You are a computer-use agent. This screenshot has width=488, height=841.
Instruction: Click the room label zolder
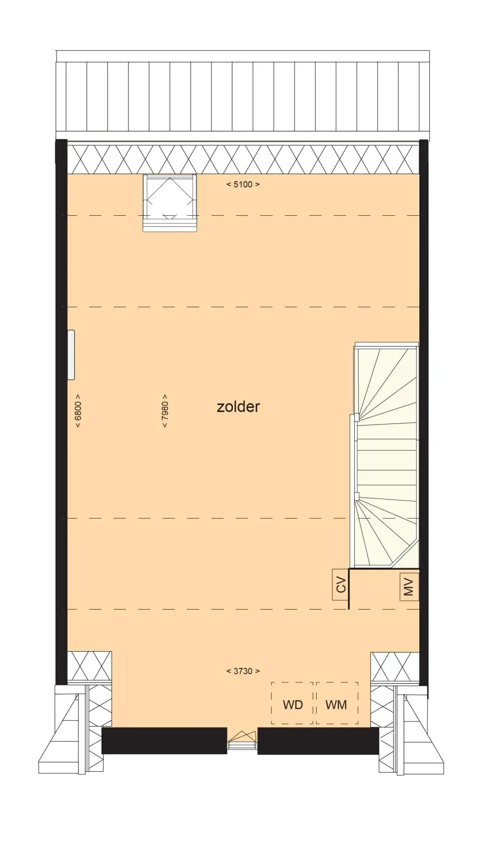coord(238,407)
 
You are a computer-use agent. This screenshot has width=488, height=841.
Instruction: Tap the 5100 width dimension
coord(243,184)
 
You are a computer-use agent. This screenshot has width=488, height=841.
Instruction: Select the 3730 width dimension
coord(243,671)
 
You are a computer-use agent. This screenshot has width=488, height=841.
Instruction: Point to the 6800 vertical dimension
coord(78,410)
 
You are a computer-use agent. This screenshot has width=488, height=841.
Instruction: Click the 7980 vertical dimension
coord(164,410)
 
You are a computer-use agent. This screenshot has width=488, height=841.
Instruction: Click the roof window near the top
coord(170,203)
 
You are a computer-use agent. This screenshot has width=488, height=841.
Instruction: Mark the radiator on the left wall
coord(71,355)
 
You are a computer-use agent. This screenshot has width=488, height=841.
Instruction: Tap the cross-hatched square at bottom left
coord(89,666)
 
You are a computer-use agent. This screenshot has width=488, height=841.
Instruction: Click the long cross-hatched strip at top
coord(243,159)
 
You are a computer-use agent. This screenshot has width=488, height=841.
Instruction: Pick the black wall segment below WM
coord(318,740)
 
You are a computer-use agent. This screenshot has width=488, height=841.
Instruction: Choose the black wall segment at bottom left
coord(164,740)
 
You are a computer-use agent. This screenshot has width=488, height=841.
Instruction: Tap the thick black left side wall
coord(61,412)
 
